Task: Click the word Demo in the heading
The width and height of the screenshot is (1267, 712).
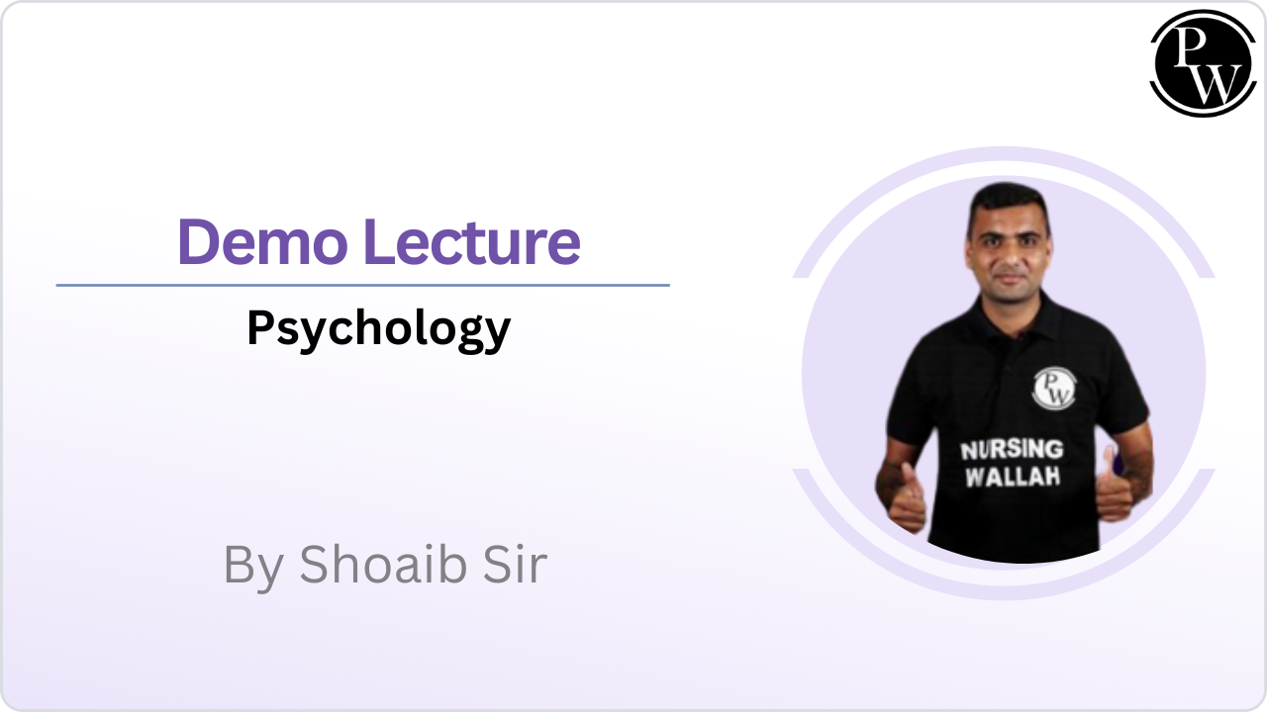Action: [x=262, y=242]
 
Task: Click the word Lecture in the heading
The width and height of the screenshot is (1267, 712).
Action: [x=472, y=242]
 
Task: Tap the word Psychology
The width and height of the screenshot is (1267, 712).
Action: [x=379, y=330]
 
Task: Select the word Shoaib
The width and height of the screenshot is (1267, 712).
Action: [x=383, y=564]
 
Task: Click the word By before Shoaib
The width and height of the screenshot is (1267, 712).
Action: [x=253, y=568]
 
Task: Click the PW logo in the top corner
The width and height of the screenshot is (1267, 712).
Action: [x=1203, y=63]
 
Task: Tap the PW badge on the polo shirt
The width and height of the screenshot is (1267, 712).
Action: [x=1054, y=389]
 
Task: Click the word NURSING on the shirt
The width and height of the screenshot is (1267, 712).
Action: [x=1012, y=450]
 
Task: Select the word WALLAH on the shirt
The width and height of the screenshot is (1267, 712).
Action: [x=1013, y=477]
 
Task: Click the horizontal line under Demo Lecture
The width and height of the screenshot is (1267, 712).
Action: [x=362, y=286]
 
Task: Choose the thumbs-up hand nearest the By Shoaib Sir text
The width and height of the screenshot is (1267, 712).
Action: [x=907, y=498]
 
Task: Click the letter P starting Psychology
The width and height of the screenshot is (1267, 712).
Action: [x=260, y=326]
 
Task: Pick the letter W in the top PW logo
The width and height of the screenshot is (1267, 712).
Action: [x=1217, y=85]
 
